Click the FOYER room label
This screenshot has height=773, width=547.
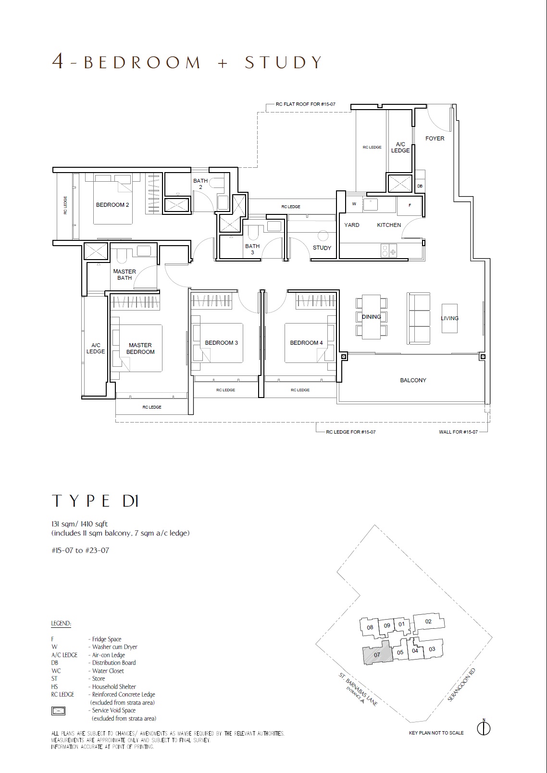pyautogui.click(x=435, y=138)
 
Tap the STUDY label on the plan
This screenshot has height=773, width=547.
pyautogui.click(x=322, y=248)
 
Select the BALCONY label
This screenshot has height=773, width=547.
pyautogui.click(x=413, y=380)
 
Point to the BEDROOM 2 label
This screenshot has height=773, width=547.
pyautogui.click(x=112, y=205)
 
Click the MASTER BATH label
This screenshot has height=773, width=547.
pyautogui.click(x=124, y=274)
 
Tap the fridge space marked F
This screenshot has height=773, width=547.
pyautogui.click(x=410, y=205)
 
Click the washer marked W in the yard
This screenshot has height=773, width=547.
pyautogui.click(x=354, y=204)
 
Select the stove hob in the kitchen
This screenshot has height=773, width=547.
pyautogui.click(x=389, y=250)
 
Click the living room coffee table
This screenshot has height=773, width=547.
pyautogui.click(x=449, y=318)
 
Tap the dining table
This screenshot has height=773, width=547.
pyautogui.click(x=372, y=317)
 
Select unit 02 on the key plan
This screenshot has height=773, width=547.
pyautogui.click(x=429, y=622)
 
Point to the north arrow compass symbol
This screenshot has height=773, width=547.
pyautogui.click(x=484, y=728)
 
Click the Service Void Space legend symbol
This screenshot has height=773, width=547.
pyautogui.click(x=58, y=711)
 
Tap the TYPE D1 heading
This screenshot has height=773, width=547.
pyautogui.click(x=95, y=501)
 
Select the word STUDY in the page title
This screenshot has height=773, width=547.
pyautogui.click(x=283, y=62)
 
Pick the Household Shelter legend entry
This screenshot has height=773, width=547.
pyautogui.click(x=94, y=686)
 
